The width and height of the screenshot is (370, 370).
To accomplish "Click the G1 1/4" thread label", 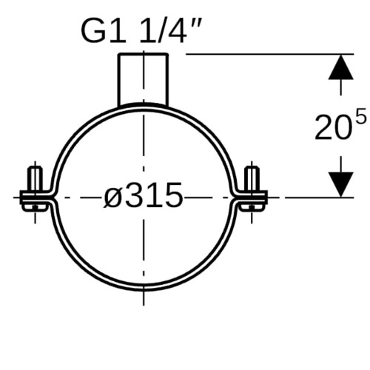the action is (x=142, y=32).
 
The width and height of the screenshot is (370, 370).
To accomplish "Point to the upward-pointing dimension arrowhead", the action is (x=341, y=67).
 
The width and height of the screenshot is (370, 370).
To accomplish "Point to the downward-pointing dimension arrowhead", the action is (x=341, y=184).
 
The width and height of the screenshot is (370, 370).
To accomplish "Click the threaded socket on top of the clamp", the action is (x=144, y=79).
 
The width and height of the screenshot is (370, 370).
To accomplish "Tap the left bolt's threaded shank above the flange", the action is (x=36, y=178).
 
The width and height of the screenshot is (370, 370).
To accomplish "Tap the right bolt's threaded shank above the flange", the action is (x=252, y=178).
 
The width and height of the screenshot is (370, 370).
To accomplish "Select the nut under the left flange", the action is (x=35, y=207).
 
